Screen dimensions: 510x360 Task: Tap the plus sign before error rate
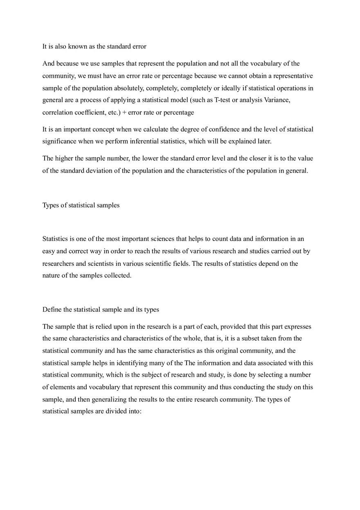click(x=124, y=112)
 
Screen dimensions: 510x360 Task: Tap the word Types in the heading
click(x=51, y=205)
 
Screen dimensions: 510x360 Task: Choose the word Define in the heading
click(x=52, y=310)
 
